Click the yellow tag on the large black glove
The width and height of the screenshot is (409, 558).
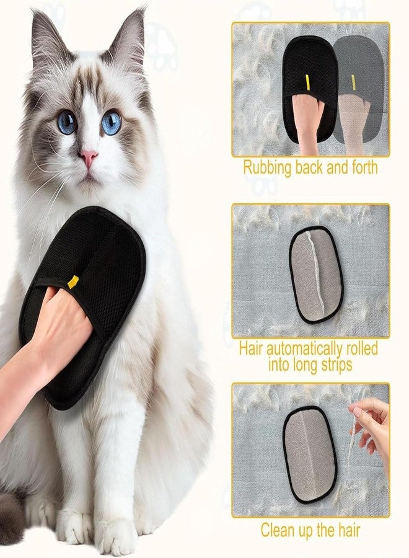click(x=73, y=281)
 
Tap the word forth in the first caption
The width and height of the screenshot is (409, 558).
click(x=363, y=167)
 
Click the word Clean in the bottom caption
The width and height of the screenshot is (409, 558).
click(x=275, y=530)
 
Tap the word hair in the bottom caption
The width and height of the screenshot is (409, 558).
click(x=347, y=530)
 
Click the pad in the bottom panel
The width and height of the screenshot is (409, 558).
click(x=310, y=454)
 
